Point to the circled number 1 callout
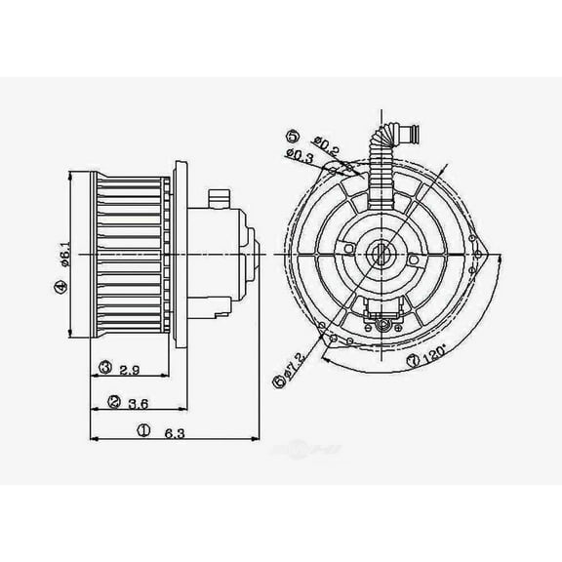click(x=143, y=428)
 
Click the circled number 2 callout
click(x=114, y=401)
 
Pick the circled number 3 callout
click(x=105, y=368)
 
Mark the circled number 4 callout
click(x=60, y=286)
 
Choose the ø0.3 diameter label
click(x=301, y=155)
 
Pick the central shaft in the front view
click(x=380, y=257)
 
